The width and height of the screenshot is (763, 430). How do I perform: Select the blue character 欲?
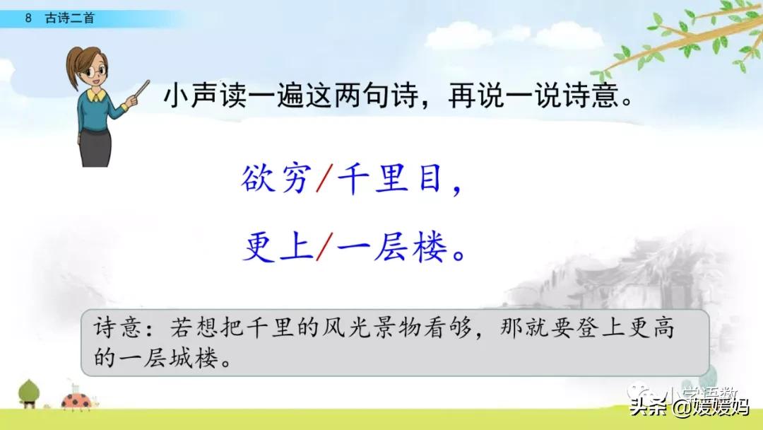click(x=259, y=181)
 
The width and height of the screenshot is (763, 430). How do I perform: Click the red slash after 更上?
click(x=323, y=248)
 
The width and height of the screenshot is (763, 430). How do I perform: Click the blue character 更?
click(x=259, y=248)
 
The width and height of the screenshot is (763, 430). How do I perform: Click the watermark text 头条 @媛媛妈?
click(x=689, y=409)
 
